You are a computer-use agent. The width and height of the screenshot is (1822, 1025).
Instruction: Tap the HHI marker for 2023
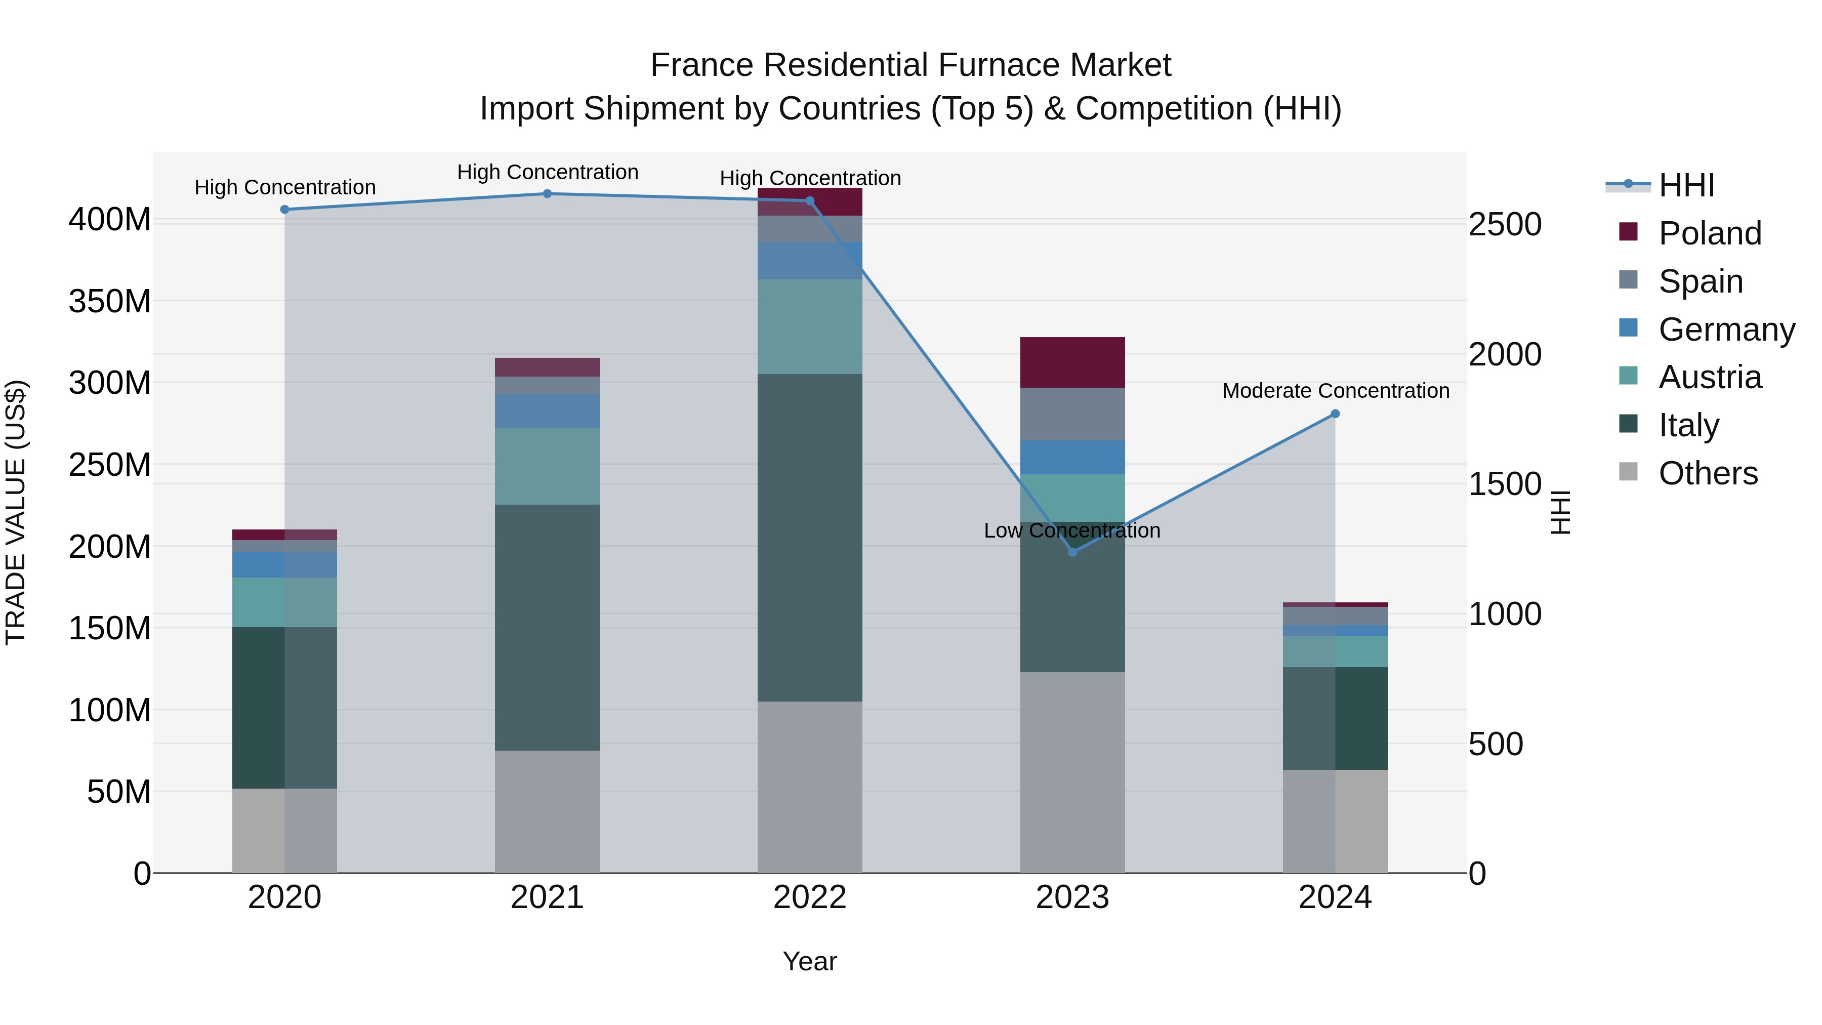click(1072, 552)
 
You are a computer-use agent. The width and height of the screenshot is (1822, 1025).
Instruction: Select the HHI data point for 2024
click(1336, 414)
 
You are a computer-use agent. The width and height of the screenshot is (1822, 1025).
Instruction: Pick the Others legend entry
click(1708, 473)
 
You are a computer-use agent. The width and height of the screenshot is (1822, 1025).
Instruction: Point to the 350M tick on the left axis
click(110, 301)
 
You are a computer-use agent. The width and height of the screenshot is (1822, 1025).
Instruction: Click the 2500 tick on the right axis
click(1505, 224)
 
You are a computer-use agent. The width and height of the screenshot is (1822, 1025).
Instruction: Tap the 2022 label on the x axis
click(810, 897)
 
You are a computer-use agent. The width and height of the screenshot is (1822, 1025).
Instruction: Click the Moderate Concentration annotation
click(1336, 390)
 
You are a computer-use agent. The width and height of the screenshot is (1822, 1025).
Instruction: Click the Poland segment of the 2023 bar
click(1072, 362)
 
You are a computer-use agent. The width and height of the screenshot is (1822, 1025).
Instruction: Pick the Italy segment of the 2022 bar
click(810, 538)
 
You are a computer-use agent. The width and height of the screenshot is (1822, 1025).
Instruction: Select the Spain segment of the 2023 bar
click(1072, 414)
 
